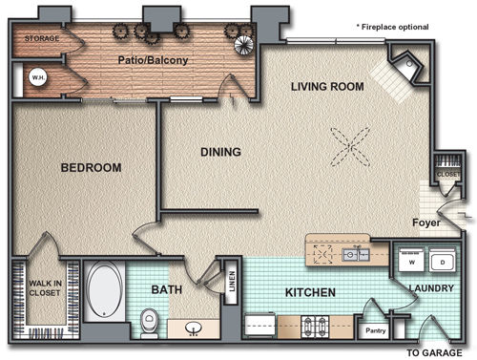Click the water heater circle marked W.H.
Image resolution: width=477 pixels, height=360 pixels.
[x=38, y=77]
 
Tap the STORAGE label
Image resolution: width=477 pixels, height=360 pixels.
[x=42, y=38]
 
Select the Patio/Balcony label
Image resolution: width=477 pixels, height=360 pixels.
[x=153, y=60]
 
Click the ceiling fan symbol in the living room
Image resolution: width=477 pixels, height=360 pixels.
[x=350, y=147]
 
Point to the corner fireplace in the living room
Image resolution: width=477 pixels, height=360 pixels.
[x=406, y=68]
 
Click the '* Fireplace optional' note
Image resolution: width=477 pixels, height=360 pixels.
[x=392, y=27]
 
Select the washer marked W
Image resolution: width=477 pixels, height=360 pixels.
[x=411, y=259]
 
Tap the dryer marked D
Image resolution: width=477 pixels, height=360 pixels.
[x=442, y=259]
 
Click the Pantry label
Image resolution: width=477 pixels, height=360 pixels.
[x=376, y=330]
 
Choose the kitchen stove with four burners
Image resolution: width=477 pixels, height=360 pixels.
[x=315, y=327]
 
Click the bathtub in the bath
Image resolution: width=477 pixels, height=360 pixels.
[x=105, y=290]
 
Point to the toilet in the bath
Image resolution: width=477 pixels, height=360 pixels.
[x=149, y=323]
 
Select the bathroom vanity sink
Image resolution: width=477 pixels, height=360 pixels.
[x=194, y=328]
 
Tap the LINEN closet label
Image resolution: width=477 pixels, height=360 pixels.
[x=232, y=281]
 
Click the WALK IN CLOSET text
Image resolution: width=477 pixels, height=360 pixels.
[x=45, y=287]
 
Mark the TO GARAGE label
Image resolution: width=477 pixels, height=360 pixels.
[x=435, y=352]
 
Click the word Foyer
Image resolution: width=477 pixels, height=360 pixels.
[x=426, y=222]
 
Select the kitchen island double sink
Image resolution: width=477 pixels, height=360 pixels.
[x=356, y=255]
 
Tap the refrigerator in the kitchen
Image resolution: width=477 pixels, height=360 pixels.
[x=259, y=326]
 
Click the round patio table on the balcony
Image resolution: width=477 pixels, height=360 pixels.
[x=244, y=45]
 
